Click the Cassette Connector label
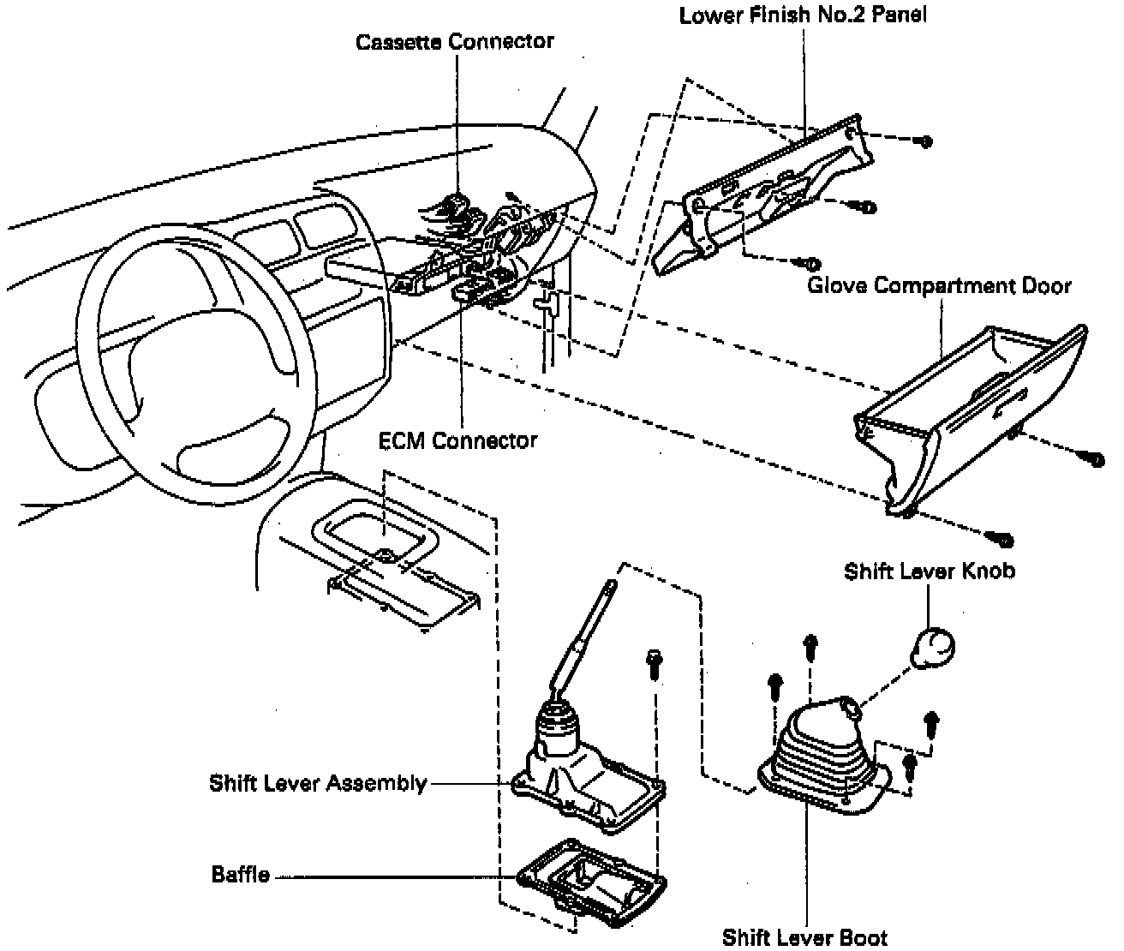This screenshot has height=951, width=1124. tap(455, 41)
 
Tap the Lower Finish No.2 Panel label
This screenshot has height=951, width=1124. tap(803, 15)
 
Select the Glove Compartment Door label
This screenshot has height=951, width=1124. tap(939, 284)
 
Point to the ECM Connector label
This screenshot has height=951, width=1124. tap(457, 440)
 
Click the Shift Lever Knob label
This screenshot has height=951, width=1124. tap(929, 571)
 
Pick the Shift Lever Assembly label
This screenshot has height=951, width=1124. tap(318, 783)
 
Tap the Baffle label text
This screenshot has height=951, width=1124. tap(241, 875)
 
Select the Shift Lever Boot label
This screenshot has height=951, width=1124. tap(804, 936)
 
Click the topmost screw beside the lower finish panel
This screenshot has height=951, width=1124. tap(924, 141)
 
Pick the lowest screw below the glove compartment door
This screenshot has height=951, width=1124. tap(1002, 540)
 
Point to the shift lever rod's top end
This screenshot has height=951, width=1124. tap(610, 586)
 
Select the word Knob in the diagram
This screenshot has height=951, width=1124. tap(989, 571)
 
